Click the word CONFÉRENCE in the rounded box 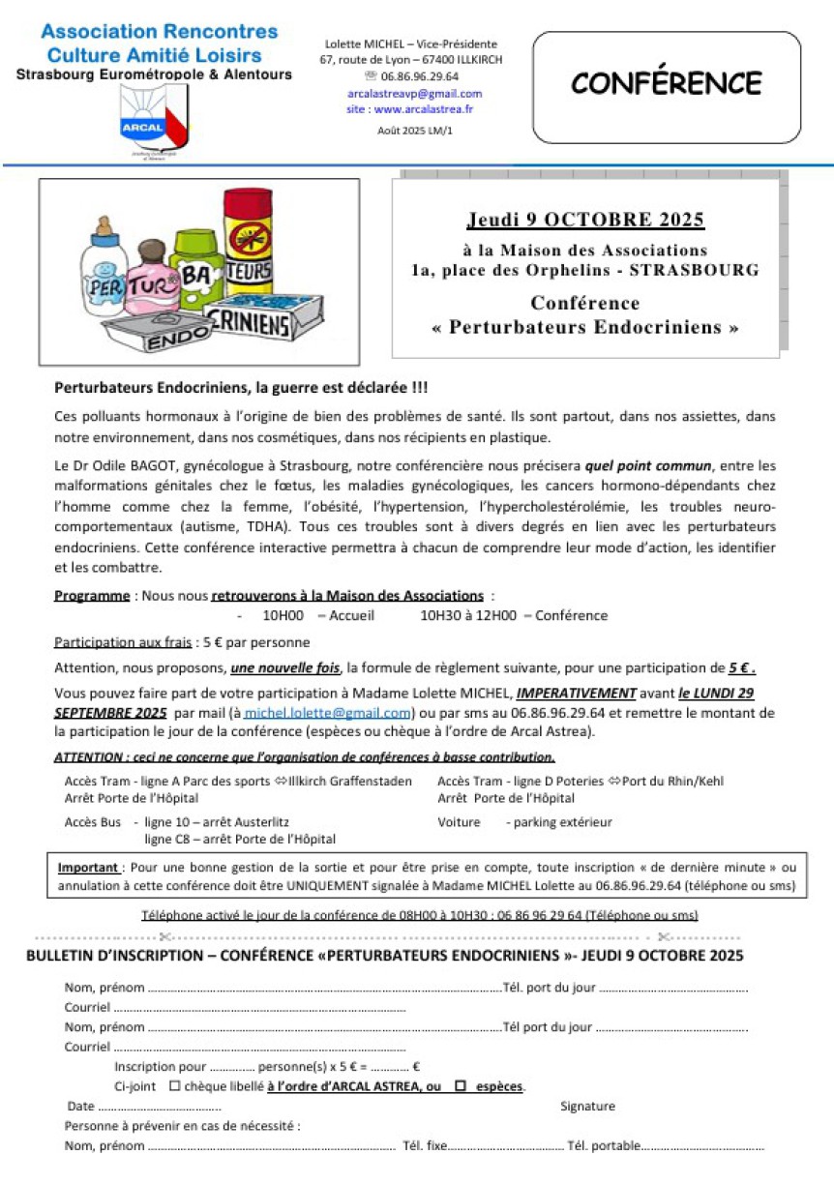pos(667,84)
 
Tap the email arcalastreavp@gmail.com pos(414,94)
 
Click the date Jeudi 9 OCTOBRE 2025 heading pos(585,220)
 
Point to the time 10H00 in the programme pos(283,616)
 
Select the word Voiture pos(459,822)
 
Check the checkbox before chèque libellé pos(174,1086)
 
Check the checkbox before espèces pos(461,1086)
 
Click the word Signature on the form pos(587,1107)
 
